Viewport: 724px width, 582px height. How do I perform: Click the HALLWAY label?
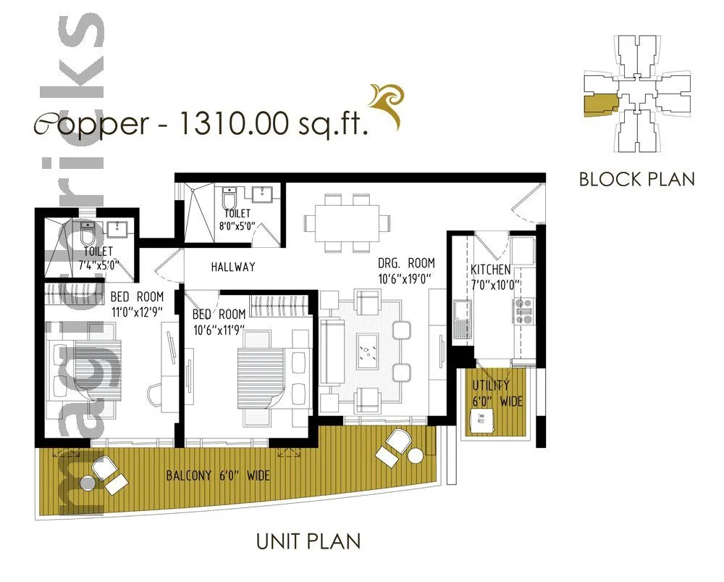pyautogui.click(x=233, y=267)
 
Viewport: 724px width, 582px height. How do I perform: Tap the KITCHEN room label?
pyautogui.click(x=490, y=270)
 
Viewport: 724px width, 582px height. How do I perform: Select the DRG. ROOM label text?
pyautogui.click(x=406, y=263)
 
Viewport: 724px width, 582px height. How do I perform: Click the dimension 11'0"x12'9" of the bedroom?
pyautogui.click(x=137, y=311)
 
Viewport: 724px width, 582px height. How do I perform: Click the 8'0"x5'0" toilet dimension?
pyautogui.click(x=238, y=226)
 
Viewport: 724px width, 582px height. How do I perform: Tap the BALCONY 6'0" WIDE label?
pyautogui.click(x=218, y=476)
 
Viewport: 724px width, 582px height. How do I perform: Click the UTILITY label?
pyautogui.click(x=491, y=385)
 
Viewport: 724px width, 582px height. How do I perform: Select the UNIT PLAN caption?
pyautogui.click(x=309, y=541)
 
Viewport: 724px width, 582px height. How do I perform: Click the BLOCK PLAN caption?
pyautogui.click(x=636, y=178)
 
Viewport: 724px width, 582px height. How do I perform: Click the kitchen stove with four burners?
pyautogui.click(x=523, y=310)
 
